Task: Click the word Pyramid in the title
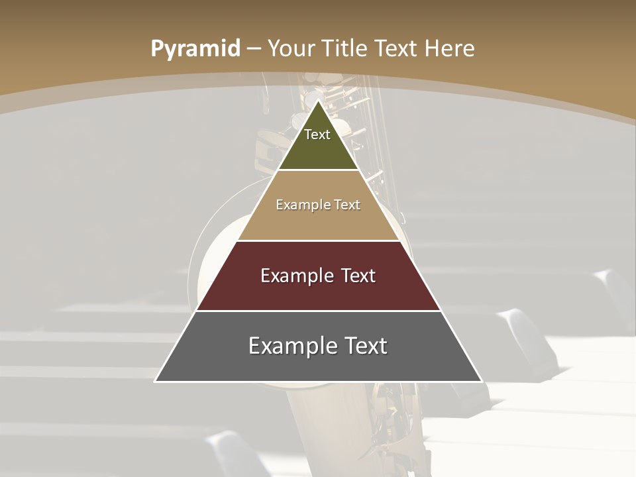tap(195, 48)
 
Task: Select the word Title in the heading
tap(344, 48)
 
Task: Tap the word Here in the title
tap(450, 48)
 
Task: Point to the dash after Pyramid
tap(253, 49)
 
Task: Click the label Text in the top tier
tap(317, 134)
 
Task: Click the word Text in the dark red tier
tap(357, 276)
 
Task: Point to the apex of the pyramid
tap(319, 101)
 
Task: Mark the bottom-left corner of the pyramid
tap(155, 382)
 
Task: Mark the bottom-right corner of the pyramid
tap(482, 382)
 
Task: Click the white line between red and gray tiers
tap(319, 311)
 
